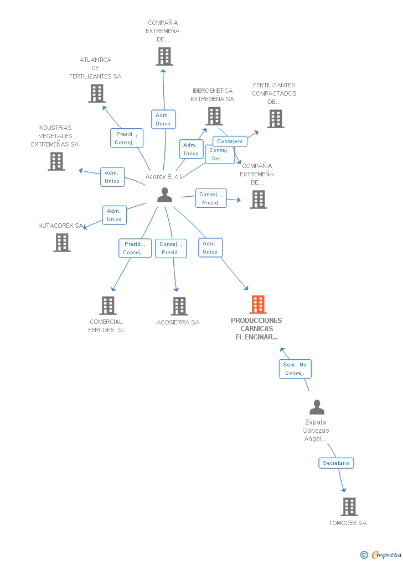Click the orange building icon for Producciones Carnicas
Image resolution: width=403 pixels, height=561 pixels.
(258, 305)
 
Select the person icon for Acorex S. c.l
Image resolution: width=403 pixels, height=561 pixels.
(164, 195)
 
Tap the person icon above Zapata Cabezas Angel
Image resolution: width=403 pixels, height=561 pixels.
(317, 407)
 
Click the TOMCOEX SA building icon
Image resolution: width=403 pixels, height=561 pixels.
(349, 506)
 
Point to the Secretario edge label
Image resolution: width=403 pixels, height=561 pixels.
(336, 463)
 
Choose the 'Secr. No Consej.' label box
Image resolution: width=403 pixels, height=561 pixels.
(294, 369)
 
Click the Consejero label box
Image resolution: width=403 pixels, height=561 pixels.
(230, 141)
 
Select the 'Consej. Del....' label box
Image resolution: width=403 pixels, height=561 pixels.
(219, 154)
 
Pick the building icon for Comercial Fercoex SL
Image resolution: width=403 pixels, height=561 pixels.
(108, 305)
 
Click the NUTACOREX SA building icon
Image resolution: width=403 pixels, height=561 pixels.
(62, 242)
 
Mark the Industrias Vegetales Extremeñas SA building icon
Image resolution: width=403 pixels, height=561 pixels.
(56, 161)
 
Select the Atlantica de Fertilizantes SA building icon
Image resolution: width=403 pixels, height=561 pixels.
(97, 93)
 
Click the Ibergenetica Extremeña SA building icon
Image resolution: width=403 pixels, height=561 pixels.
(214, 116)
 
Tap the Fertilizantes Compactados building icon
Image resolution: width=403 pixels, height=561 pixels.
(275, 119)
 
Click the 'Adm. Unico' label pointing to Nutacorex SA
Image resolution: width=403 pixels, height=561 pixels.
(114, 215)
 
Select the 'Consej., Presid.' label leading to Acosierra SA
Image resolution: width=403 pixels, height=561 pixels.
(170, 248)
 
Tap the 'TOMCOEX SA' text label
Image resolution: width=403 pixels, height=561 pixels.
(348, 523)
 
